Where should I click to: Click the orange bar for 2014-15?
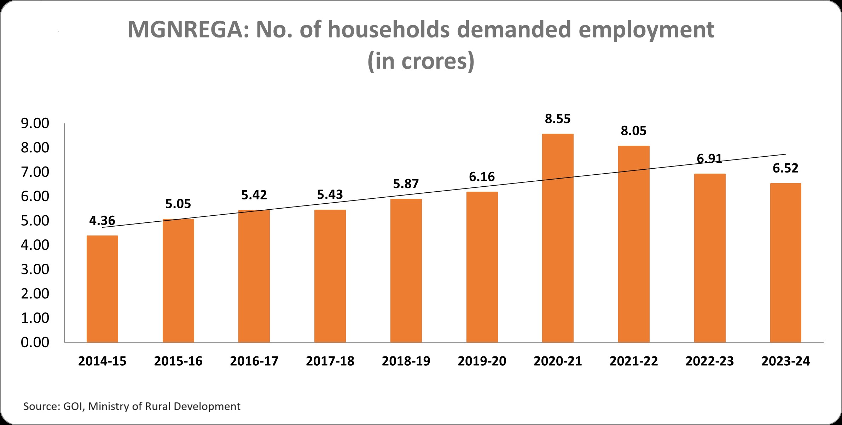pyautogui.click(x=102, y=289)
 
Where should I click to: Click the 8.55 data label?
pyautogui.click(x=558, y=119)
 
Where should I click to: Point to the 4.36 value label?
pyautogui.click(x=102, y=221)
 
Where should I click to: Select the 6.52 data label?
pyautogui.click(x=785, y=168)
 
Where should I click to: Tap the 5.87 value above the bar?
pyautogui.click(x=406, y=184)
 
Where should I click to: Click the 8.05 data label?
pyautogui.click(x=634, y=131)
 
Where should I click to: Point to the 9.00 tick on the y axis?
pyautogui.click(x=35, y=123)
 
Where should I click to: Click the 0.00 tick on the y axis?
pyautogui.click(x=35, y=342)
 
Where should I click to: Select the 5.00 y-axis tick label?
pyautogui.click(x=35, y=221)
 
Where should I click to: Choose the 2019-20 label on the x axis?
pyautogui.click(x=482, y=361)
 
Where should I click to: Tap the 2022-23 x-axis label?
pyautogui.click(x=710, y=361)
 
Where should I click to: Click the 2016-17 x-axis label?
pyautogui.click(x=254, y=361)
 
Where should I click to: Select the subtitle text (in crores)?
pyautogui.click(x=421, y=61)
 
